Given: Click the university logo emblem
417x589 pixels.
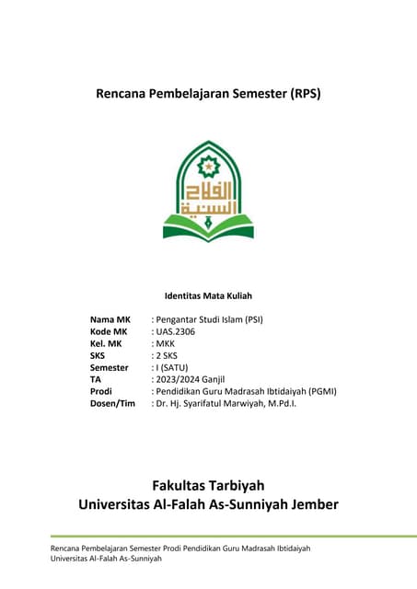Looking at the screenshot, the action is [x=208, y=191].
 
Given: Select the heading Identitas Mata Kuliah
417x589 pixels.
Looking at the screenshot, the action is [x=208, y=296].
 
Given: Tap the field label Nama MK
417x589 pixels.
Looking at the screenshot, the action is [x=110, y=319].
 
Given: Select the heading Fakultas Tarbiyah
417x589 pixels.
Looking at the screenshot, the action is [x=208, y=484].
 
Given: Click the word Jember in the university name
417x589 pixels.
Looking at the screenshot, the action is [x=310, y=504].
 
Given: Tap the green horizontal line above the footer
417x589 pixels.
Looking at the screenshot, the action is [x=208, y=537].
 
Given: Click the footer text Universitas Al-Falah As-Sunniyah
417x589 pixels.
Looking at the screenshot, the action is [x=106, y=559].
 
